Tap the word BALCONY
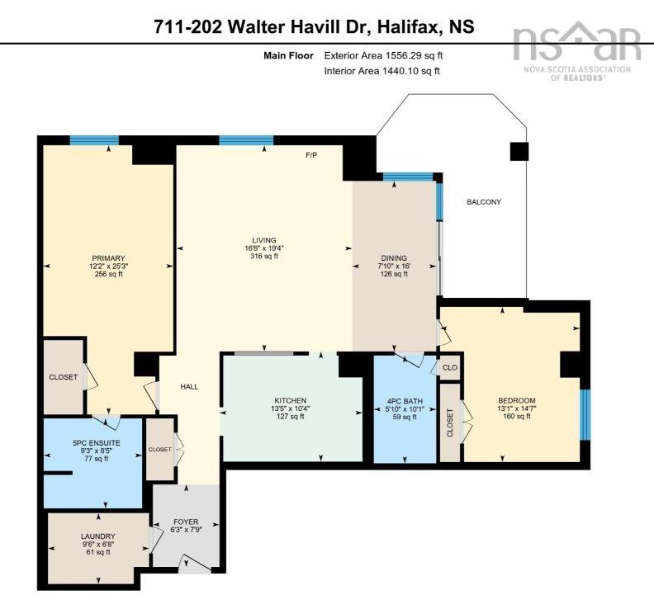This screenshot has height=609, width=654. tap(483, 202)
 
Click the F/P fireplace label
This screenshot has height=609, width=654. tap(312, 155)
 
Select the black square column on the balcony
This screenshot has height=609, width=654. tap(518, 151)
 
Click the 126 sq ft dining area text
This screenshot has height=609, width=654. tap(394, 275)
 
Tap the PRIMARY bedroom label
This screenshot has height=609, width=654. tap(108, 256)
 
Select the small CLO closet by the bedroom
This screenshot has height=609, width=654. tap(450, 367)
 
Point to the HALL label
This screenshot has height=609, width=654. tap(190, 386)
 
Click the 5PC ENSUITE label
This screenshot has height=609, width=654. tap(97, 444)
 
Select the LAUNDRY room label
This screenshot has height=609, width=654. tap(98, 536)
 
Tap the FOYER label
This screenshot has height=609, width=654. tap(185, 521)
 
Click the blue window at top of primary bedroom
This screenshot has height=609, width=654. tap(93, 140)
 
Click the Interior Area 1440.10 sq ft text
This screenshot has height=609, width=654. tap(382, 72)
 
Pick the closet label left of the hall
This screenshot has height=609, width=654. tap(159, 450)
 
